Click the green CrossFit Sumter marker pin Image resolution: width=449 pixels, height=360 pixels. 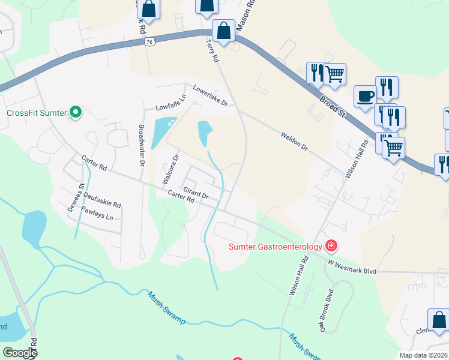[75, 112]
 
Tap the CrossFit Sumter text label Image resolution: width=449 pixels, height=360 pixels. [36, 113]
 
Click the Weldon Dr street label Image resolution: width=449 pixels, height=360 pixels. [294, 141]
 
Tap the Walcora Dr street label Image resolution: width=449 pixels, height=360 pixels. [170, 170]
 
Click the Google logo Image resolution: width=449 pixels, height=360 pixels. [20, 353]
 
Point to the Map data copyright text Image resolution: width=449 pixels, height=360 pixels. [424, 355]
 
